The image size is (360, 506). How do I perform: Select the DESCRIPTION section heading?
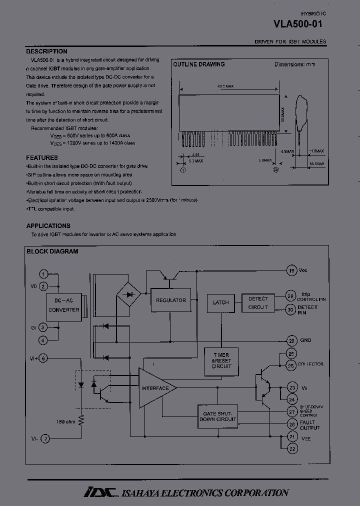coord(46,51)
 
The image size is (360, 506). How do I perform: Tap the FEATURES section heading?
coord(42,157)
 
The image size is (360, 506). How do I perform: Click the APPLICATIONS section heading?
coord(48,225)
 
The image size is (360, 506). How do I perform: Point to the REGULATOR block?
coord(170,300)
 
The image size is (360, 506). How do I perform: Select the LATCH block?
coord(220,302)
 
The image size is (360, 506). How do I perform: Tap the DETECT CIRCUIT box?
coord(258,303)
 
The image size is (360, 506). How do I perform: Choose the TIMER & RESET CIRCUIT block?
coord(221,361)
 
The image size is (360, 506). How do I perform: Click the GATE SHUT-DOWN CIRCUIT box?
coord(217,416)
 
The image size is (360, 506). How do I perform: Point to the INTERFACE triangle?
coord(155,388)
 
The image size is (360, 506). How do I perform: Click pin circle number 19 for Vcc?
coord(291,270)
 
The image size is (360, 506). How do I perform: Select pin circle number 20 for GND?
coord(291,341)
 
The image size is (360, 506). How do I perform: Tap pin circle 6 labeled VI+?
coord(43,358)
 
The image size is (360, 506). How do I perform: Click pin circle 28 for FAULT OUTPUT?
coord(291,424)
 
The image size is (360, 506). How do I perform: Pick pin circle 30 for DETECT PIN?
coord(290,310)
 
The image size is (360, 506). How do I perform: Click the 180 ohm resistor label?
coord(66,420)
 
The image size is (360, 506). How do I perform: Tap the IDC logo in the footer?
coord(100,492)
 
